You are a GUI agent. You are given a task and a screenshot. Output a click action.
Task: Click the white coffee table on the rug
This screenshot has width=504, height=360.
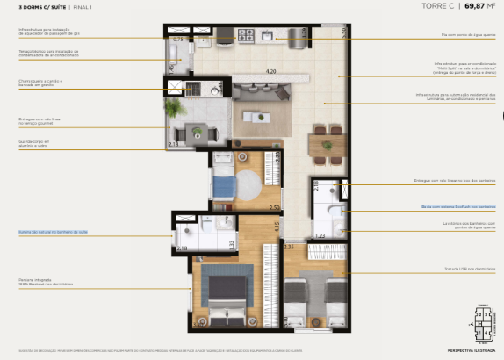pyautogui.click(x=257, y=116)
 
